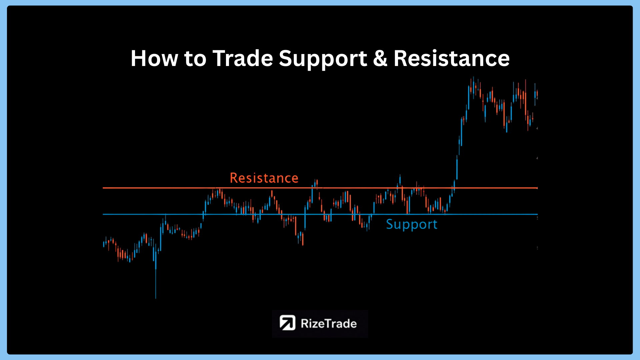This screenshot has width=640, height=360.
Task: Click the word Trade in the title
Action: point(243,59)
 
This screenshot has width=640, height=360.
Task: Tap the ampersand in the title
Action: point(380,59)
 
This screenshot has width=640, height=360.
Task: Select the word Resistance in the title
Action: point(452,59)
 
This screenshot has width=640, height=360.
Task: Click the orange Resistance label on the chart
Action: point(264,178)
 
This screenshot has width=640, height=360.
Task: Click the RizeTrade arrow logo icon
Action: point(287,323)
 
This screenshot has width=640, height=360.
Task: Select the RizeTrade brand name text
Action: point(329,323)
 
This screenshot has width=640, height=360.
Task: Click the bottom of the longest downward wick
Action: point(156,298)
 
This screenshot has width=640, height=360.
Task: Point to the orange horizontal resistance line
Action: point(320,188)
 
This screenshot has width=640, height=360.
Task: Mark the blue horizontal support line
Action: point(320,214)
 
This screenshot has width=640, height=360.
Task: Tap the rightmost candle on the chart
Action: point(537,95)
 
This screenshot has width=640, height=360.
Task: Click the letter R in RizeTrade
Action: point(304,323)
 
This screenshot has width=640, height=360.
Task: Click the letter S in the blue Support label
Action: point(390,224)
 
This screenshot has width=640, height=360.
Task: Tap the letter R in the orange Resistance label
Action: point(234,178)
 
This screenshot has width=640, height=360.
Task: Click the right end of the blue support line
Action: point(537,214)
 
